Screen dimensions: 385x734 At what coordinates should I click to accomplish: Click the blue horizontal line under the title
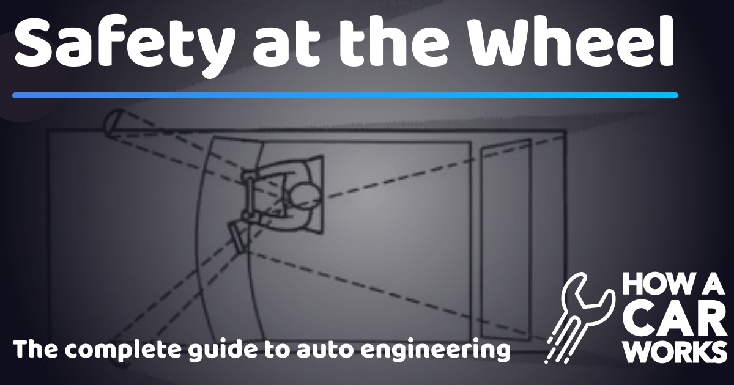pyautogui.click(x=345, y=95)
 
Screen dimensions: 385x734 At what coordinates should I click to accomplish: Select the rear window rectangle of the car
pyautogui.click(x=505, y=238)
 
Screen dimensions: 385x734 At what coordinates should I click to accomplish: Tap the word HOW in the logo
pyautogui.click(x=649, y=287)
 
